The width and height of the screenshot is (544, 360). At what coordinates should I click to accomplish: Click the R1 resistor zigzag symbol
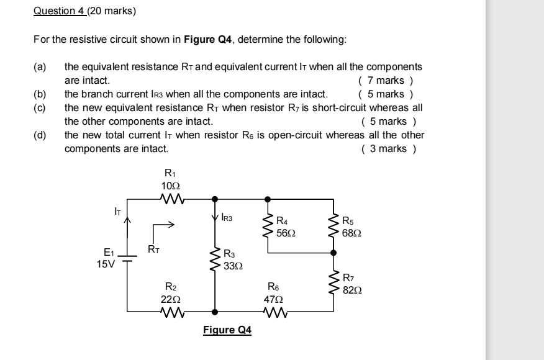[x=170, y=199]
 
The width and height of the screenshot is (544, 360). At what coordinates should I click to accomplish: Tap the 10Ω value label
[x=170, y=186]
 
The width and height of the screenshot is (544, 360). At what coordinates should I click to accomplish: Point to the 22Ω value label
[x=170, y=298]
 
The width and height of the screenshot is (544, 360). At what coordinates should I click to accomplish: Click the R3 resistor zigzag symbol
[x=215, y=259]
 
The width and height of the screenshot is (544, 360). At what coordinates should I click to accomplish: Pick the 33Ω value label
[x=233, y=264]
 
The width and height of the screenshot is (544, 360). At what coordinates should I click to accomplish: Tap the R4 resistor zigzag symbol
[x=268, y=227]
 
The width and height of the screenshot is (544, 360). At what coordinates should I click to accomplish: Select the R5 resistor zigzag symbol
[x=335, y=227]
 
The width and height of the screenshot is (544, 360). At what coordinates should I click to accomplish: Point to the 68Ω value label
[x=352, y=233]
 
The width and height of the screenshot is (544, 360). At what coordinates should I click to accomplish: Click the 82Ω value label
[x=352, y=289]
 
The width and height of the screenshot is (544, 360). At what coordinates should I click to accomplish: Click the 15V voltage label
[x=106, y=263]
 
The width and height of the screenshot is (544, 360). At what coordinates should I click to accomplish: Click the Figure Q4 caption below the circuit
[x=227, y=330]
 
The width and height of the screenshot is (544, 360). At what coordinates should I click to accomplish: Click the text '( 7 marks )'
[x=386, y=80]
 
